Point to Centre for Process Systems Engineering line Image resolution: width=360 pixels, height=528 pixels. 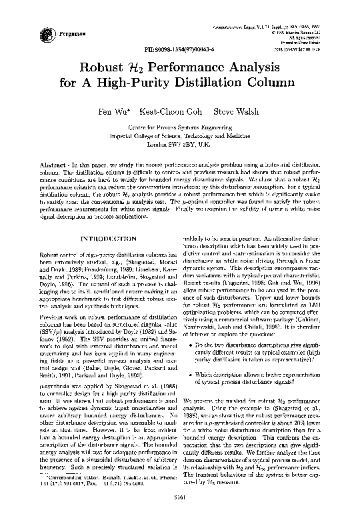click(181, 127)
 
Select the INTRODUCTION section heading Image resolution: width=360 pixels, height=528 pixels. click(99, 219)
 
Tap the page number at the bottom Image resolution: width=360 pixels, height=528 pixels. click(181, 515)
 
